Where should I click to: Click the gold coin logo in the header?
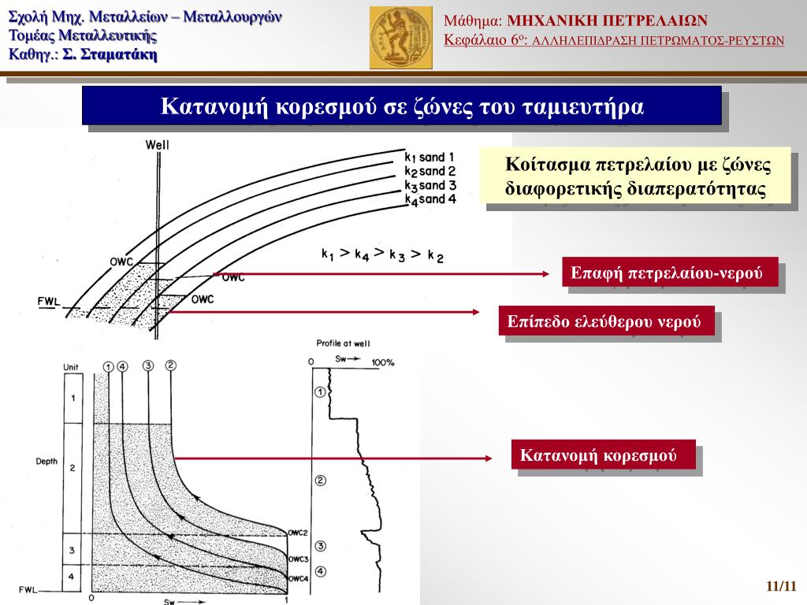tap(400, 37)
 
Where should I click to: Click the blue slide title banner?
tap(402, 106)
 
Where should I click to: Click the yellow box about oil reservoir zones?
tap(637, 175)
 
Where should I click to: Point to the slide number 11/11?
tap(781, 586)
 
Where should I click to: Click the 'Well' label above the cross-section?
tap(158, 145)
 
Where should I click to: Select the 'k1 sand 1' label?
tap(429, 156)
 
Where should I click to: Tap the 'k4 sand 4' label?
tap(430, 199)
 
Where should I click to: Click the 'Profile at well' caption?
tap(343, 343)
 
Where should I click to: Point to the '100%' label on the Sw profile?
tap(383, 362)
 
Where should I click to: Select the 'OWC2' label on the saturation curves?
tap(297, 533)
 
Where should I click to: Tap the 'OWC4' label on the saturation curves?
tap(297, 579)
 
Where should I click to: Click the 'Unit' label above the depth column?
tap(71, 367)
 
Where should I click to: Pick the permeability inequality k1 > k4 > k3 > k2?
tap(382, 254)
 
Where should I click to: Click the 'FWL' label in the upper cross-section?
tap(48, 302)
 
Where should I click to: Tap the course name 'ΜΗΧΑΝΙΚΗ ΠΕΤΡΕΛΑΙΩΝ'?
tap(607, 20)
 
